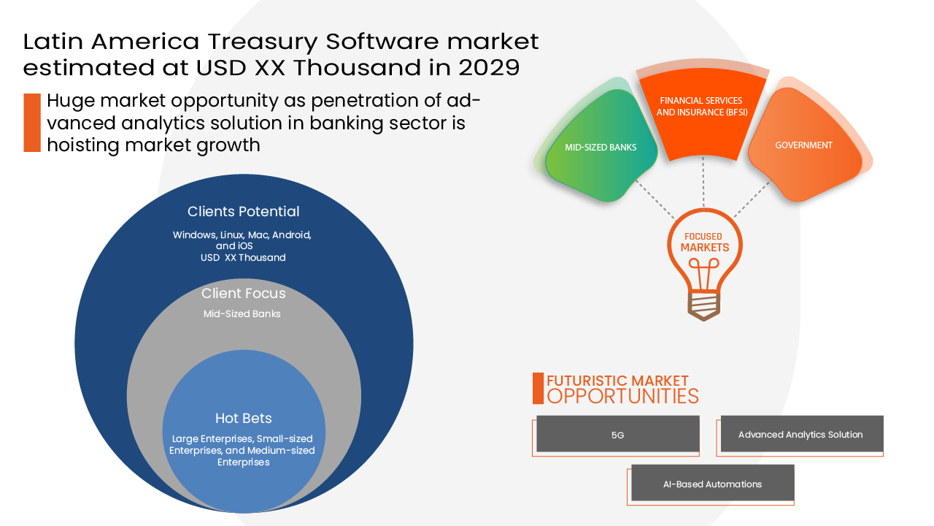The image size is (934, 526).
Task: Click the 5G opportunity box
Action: (617, 434)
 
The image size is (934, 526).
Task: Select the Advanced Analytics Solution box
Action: (802, 434)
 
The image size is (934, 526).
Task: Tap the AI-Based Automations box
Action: (713, 483)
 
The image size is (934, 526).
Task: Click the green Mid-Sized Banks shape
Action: (601, 146)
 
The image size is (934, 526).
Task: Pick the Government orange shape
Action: (804, 145)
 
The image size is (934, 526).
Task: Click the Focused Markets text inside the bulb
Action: (704, 242)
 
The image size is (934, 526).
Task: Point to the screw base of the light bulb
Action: (704, 305)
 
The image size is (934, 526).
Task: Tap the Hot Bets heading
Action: (244, 418)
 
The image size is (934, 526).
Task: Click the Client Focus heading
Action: (244, 293)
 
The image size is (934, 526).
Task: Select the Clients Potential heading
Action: (244, 212)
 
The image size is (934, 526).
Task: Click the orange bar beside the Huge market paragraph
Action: (32, 122)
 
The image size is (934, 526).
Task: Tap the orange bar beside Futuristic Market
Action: (538, 388)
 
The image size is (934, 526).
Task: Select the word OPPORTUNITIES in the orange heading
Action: (622, 396)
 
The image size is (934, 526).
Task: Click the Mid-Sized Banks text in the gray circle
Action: (242, 314)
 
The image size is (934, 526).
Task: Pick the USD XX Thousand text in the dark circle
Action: (243, 258)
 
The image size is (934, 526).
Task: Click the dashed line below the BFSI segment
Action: (703, 182)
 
